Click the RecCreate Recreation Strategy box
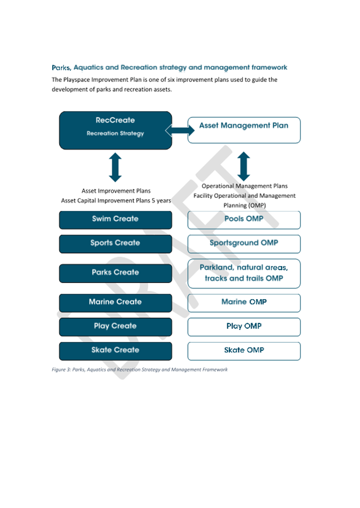[x=115, y=130]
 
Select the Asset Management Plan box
[x=244, y=130]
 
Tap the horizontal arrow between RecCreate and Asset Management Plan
[x=180, y=130]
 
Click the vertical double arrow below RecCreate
[x=115, y=167]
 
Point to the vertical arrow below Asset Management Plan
[x=244, y=166]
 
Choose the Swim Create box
[x=115, y=219]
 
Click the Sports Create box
[x=115, y=243]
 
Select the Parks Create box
[x=115, y=272]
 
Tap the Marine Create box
[x=115, y=302]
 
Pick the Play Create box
[x=115, y=326]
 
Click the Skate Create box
[x=115, y=350]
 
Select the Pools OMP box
[x=244, y=219]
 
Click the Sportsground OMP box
[x=244, y=243]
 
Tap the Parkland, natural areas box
[x=244, y=273]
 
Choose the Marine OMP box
[x=244, y=302]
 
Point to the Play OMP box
[x=244, y=326]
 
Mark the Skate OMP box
[x=244, y=350]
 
